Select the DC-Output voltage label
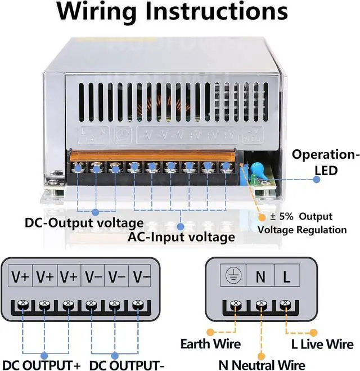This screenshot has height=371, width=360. pos(84,223)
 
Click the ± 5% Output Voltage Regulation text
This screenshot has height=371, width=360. pos(302,223)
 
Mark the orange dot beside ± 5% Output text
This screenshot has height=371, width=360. pos(262,217)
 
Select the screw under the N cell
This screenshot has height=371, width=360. pos(260,305)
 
